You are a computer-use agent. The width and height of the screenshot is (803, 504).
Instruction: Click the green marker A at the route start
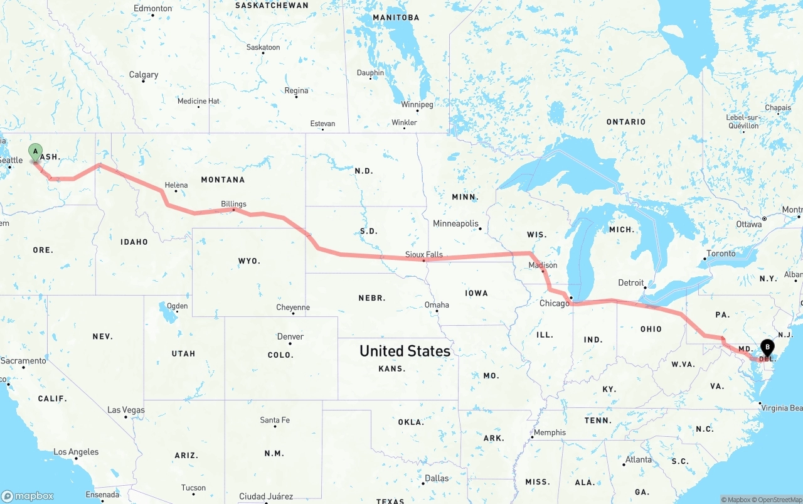tap(36, 152)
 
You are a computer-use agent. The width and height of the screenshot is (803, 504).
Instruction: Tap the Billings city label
tap(233, 204)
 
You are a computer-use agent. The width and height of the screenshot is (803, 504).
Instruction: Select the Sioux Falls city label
tap(423, 254)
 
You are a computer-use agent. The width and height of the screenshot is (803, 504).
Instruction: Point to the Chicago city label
tap(555, 303)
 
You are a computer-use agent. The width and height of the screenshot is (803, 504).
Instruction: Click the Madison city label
tap(543, 265)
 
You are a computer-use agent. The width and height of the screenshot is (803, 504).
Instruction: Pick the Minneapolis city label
tap(455, 223)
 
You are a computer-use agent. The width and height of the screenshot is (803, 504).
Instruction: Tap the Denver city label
tap(290, 336)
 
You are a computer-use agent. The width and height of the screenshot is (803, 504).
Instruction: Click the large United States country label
tap(405, 351)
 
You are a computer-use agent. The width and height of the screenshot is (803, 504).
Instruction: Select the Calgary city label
tap(144, 75)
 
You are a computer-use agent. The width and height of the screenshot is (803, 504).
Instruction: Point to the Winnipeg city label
tap(417, 104)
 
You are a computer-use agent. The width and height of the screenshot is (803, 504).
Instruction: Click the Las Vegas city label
tap(126, 410)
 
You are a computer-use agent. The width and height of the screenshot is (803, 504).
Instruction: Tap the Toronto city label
tap(721, 254)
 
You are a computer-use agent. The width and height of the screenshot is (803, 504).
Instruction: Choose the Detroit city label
tap(631, 282)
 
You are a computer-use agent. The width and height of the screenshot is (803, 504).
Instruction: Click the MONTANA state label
tap(223, 180)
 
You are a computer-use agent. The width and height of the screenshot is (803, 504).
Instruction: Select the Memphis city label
tap(550, 432)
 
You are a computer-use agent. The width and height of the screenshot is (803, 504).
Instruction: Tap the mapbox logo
tap(28, 496)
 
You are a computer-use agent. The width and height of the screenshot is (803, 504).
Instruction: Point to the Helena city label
tap(176, 185)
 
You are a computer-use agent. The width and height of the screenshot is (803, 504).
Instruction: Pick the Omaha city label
tap(437, 305)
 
